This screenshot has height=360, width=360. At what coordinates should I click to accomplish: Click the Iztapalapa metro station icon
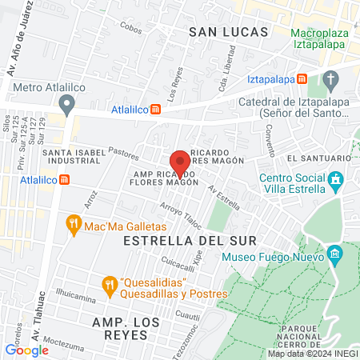[x=302, y=79]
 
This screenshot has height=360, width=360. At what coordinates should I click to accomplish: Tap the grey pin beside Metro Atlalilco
[x=67, y=104]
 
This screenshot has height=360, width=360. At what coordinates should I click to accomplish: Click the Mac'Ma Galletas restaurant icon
[x=74, y=226]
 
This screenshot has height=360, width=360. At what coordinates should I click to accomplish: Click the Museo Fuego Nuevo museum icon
[x=334, y=257]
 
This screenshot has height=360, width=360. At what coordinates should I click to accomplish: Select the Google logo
[x=26, y=350]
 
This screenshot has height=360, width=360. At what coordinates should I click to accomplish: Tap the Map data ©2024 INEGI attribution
[x=311, y=354]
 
